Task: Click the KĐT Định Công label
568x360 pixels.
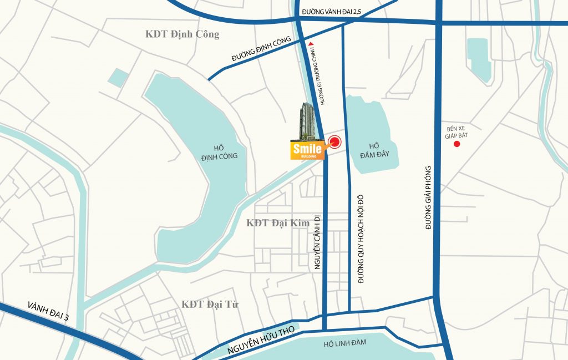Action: (182, 34)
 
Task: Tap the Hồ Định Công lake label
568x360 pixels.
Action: (219, 152)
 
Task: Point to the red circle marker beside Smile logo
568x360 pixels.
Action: (334, 143)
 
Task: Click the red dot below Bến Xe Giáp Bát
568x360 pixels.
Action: (457, 144)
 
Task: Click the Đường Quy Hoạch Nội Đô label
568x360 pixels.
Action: (361, 239)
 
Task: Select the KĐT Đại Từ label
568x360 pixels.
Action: (210, 304)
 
